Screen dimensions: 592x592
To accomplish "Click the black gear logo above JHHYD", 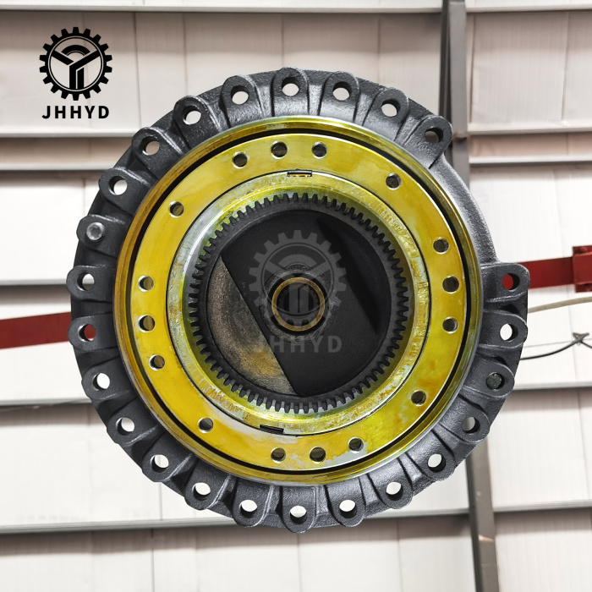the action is pos(75,63).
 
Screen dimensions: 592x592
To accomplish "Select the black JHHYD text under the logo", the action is pos(75,112).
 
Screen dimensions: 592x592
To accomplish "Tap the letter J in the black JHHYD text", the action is pos(47,112).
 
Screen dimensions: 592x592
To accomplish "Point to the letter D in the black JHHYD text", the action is pos(103,112).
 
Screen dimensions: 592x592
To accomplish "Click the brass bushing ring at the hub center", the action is pos(299,304).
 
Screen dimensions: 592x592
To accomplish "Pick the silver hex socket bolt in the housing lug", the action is pos(95,231).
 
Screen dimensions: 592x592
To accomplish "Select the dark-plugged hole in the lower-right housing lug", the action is pos(494,381).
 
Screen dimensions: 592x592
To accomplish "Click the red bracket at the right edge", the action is pos(582,268).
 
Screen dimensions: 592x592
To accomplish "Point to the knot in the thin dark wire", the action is pos(578,338).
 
